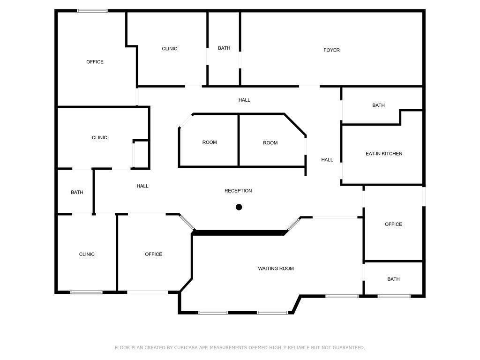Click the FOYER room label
click(331, 50)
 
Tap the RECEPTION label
click(238, 191)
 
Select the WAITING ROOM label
click(276, 269)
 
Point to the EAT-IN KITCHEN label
click(384, 154)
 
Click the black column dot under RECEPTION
click(239, 207)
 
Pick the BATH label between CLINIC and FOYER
click(224, 48)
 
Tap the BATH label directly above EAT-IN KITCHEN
click(378, 105)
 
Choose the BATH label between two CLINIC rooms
click(77, 192)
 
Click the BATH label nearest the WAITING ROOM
click(393, 279)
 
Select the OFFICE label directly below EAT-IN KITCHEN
click(393, 224)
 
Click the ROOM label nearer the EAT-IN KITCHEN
click(270, 143)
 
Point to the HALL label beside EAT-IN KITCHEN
click(327, 160)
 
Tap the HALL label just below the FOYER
click(244, 100)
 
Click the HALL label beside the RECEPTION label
click(142, 186)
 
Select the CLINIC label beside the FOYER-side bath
click(169, 49)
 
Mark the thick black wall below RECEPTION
click(239, 232)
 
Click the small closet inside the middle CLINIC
click(141, 153)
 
